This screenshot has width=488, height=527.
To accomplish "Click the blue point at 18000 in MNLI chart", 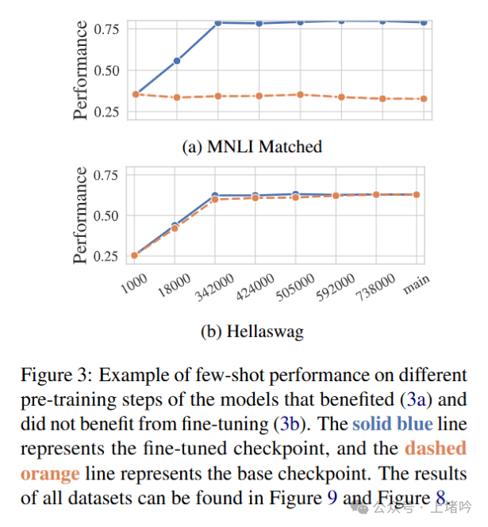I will [176, 60].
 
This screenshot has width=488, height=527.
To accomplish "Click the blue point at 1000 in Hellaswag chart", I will [135, 254].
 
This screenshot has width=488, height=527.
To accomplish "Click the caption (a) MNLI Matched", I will [251, 146].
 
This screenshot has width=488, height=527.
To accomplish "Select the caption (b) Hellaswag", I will [252, 331].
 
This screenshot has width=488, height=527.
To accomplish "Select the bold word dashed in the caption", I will [435, 449].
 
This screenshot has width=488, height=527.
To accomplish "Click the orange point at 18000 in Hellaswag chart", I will [176, 228].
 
